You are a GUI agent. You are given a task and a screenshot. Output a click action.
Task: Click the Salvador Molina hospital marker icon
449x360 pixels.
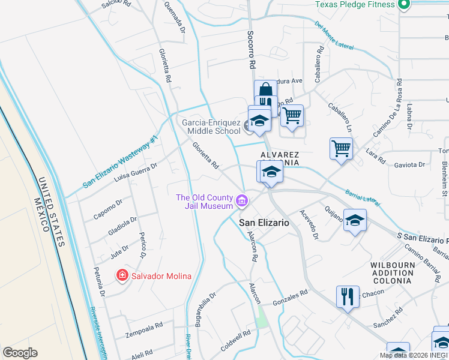click(122, 275)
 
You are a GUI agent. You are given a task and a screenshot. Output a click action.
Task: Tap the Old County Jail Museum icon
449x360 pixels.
click(242, 201)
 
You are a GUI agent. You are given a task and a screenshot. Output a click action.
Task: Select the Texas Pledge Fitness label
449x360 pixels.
click(355, 4)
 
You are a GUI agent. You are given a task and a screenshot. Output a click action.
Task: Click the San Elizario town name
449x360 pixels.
click(264, 223)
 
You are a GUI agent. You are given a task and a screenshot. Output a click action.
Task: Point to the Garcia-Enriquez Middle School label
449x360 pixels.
click(211, 127)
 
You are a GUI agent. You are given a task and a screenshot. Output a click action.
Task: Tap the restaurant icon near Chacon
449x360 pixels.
click(348, 296)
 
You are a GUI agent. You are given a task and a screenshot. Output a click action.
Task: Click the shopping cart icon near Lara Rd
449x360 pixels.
click(341, 147)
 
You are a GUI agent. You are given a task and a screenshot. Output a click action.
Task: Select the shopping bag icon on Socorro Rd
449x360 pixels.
click(265, 91)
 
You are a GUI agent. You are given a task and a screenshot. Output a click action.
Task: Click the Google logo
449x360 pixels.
click(20, 353)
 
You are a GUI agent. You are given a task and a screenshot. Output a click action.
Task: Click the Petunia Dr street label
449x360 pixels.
click(100, 283)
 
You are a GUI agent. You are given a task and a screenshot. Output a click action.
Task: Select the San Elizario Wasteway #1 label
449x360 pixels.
click(120, 162)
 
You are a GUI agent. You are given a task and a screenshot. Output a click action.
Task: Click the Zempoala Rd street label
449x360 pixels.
click(144, 328)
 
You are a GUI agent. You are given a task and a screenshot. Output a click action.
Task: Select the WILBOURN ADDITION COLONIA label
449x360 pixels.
click(392, 272)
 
